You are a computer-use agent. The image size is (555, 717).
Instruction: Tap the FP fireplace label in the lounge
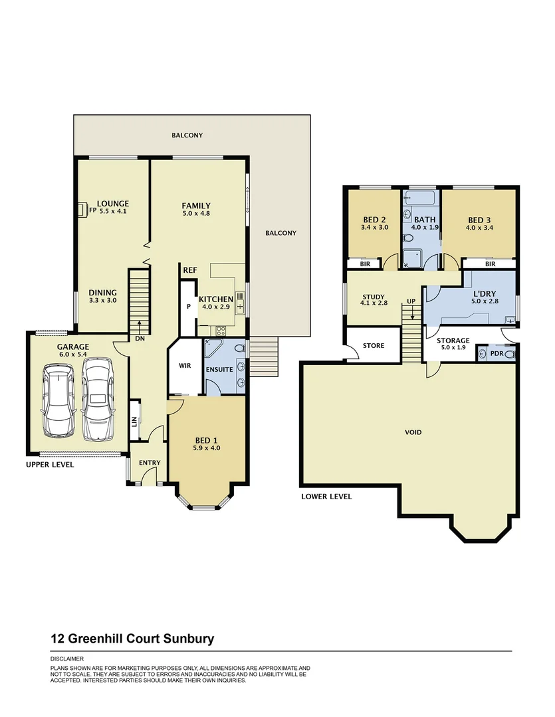pyautogui.click(x=83, y=211)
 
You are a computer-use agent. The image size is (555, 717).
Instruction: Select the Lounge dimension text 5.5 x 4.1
pyautogui.click(x=112, y=212)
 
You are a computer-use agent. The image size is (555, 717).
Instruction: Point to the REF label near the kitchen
pyautogui.click(x=189, y=270)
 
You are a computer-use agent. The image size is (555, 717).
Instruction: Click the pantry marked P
pyautogui.click(x=188, y=307)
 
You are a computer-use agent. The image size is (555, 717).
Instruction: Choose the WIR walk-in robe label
pyautogui.click(x=185, y=365)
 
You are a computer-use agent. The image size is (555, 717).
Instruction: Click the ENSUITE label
pyautogui.click(x=220, y=370)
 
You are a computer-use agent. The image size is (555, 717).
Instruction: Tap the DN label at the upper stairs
pyautogui.click(x=140, y=338)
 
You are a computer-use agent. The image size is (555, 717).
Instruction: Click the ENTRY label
pyautogui.click(x=150, y=463)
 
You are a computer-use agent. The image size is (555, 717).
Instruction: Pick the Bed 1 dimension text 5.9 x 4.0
pyautogui.click(x=206, y=448)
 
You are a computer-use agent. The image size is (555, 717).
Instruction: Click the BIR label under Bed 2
pyautogui.click(x=365, y=264)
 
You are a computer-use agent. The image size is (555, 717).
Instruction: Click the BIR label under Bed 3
pyautogui.click(x=491, y=264)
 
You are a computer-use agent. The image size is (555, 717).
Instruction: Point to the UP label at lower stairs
pyautogui.click(x=412, y=302)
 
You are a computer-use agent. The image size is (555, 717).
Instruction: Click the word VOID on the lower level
pyautogui.click(x=413, y=432)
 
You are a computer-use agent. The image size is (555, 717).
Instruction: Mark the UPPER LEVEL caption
pyautogui.click(x=50, y=465)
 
